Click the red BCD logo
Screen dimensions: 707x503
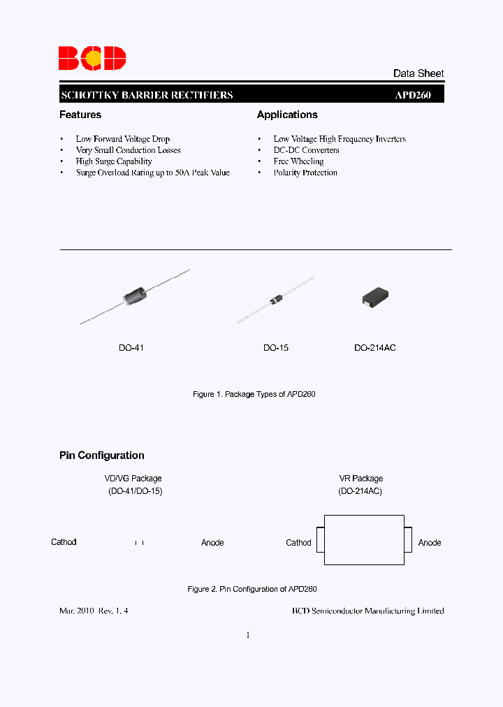tap(92, 58)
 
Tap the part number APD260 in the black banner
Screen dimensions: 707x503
tap(413, 95)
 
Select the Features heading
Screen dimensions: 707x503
tap(80, 115)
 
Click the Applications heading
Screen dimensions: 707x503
tap(287, 115)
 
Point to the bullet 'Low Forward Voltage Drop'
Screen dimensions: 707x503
tap(123, 139)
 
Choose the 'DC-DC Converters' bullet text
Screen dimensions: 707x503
tap(307, 150)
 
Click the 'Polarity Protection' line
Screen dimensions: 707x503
tap(305, 173)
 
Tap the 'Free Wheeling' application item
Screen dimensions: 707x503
tap(298, 161)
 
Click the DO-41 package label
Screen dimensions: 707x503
tap(131, 347)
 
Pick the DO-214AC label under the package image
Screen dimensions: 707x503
tap(375, 347)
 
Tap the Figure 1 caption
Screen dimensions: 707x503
tap(254, 395)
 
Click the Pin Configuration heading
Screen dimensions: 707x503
tap(102, 455)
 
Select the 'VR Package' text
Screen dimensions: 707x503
tap(361, 479)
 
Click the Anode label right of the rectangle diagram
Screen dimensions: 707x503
tap(430, 543)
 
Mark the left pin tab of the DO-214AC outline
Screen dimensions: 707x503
tap(320, 540)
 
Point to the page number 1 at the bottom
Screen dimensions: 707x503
tap(248, 635)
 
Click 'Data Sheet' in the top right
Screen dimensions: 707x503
tap(418, 73)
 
